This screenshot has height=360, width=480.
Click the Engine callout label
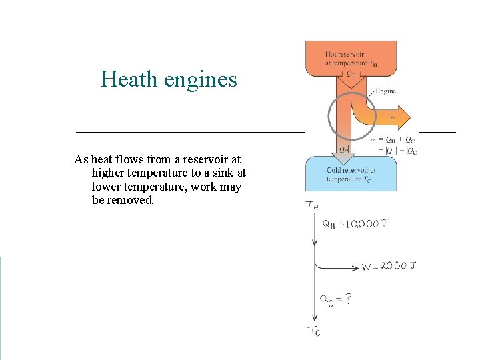385,91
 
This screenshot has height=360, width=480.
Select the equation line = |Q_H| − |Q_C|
397,150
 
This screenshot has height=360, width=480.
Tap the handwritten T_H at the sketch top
312,205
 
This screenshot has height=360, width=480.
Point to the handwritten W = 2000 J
389,267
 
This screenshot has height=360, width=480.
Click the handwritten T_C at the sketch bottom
313,331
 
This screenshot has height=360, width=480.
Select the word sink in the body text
216,173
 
